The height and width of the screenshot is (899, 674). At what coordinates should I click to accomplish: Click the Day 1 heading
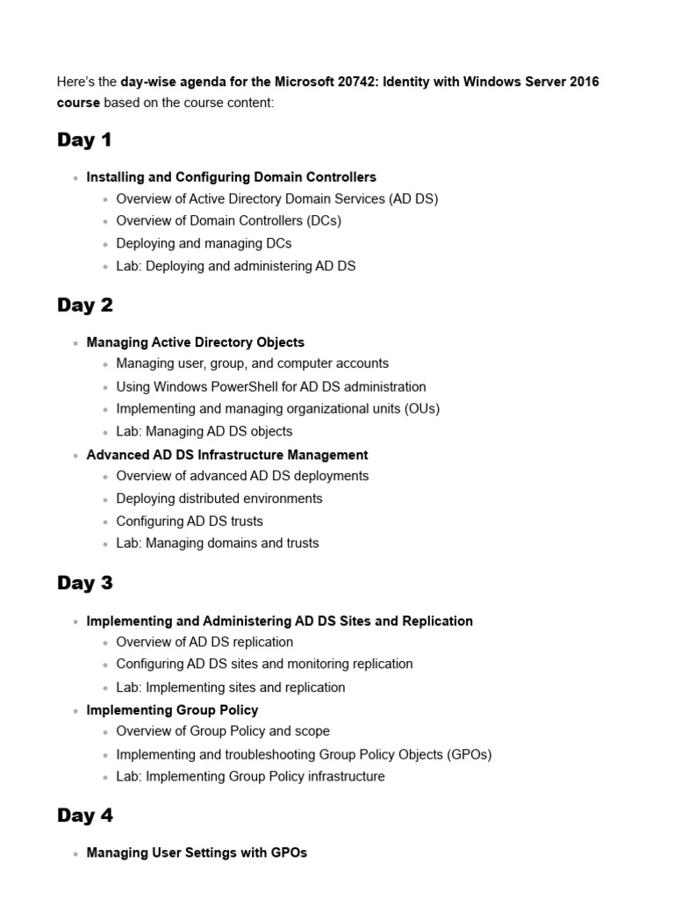click(84, 140)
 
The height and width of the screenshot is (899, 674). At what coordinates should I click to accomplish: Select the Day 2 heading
click(85, 306)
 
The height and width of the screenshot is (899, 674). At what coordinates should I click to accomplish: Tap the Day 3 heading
click(85, 584)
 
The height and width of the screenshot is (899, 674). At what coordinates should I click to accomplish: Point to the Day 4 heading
click(85, 816)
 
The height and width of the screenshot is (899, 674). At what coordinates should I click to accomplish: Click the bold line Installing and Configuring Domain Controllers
click(231, 177)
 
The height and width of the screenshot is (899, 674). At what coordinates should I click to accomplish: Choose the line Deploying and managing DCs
click(204, 243)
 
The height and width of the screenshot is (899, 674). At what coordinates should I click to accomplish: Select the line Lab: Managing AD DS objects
click(204, 432)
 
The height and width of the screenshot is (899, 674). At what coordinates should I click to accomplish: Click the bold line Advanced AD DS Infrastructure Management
click(227, 455)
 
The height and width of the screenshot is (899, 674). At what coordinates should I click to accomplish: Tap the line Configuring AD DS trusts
click(189, 521)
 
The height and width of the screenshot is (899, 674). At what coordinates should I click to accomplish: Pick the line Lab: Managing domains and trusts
click(218, 543)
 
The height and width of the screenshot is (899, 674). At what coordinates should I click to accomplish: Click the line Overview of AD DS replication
click(204, 643)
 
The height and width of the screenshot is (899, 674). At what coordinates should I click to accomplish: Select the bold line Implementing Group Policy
click(172, 710)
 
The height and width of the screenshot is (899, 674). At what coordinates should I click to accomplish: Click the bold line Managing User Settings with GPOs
click(197, 852)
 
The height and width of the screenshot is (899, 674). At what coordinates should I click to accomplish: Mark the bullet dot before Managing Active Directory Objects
click(76, 343)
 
